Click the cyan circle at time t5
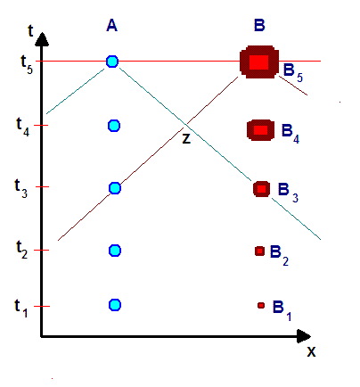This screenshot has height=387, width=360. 112,62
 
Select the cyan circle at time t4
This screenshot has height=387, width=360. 114,126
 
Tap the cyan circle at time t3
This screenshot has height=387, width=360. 115,188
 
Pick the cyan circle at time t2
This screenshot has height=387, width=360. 115,251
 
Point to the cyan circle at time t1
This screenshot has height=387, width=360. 115,305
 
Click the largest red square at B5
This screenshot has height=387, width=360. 259,62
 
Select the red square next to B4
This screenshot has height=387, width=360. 260,130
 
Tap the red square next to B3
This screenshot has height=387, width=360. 261,189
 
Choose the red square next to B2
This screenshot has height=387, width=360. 259,251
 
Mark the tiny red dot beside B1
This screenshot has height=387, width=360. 261,305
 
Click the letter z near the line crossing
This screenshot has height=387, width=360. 186,139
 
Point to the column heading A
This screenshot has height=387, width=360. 111,26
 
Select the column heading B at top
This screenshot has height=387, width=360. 259,25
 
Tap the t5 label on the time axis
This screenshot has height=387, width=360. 27,64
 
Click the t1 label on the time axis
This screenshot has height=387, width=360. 21,308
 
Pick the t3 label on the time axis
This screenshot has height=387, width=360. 21,188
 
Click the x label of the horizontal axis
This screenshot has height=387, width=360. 311,351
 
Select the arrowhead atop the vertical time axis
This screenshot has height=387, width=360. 42,39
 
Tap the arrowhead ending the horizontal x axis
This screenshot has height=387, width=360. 304,336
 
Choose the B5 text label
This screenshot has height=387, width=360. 293,72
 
